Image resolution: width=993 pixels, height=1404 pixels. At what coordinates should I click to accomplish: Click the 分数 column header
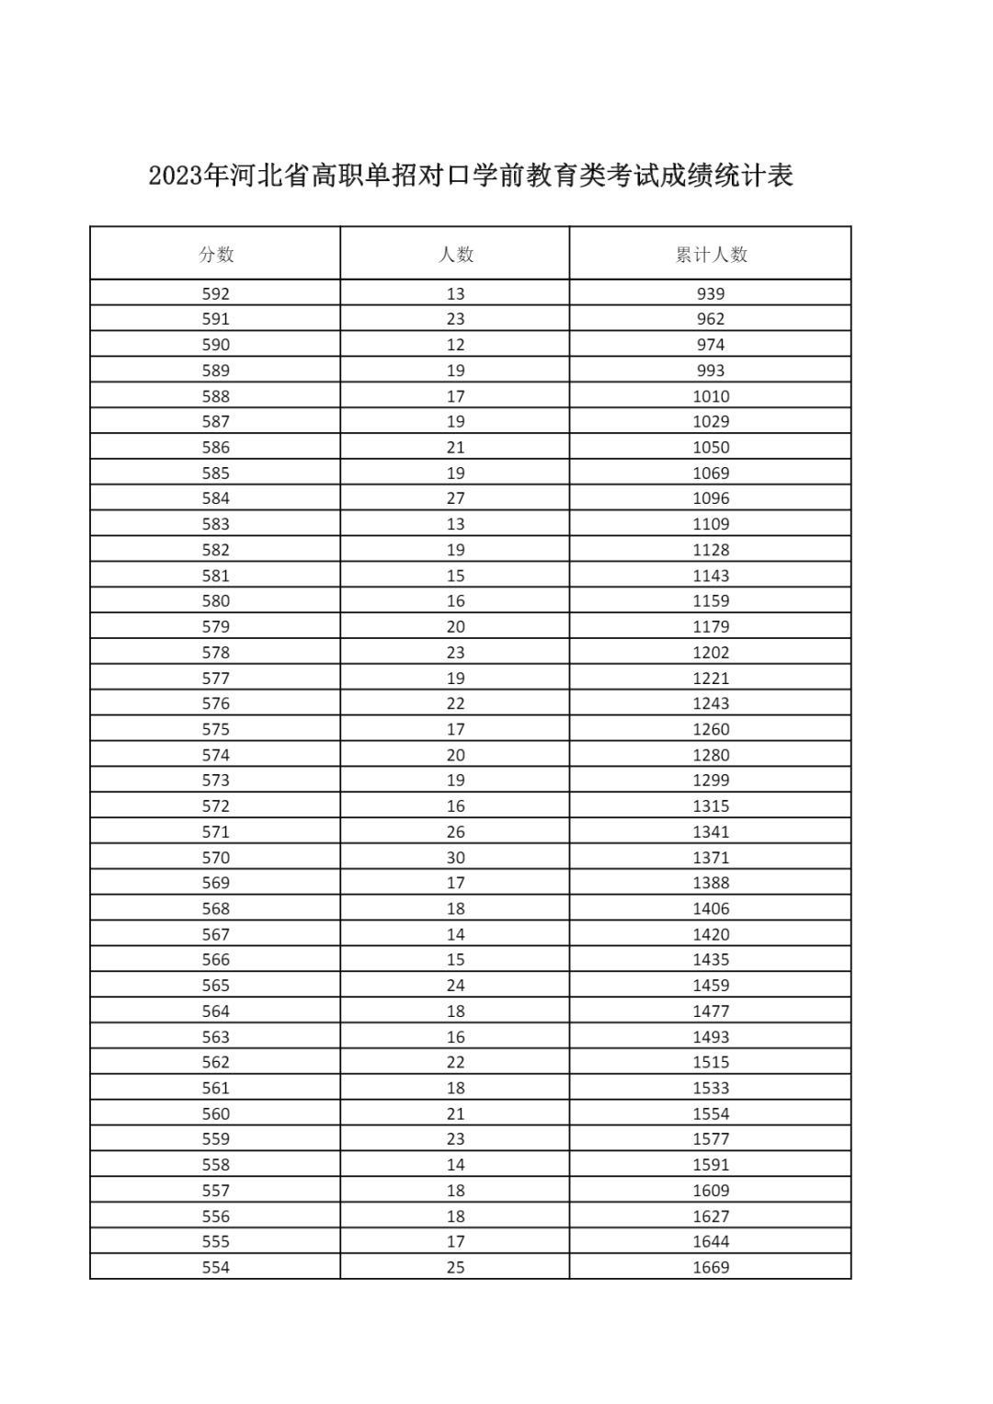pyautogui.click(x=216, y=255)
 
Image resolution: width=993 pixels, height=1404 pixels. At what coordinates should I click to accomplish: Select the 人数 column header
pyautogui.click(x=455, y=255)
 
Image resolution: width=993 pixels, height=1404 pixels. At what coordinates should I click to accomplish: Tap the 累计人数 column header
pyautogui.click(x=711, y=255)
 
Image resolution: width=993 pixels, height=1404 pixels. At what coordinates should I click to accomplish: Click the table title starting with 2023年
pyautogui.click(x=471, y=175)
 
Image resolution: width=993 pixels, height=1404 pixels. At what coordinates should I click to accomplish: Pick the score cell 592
pyautogui.click(x=216, y=294)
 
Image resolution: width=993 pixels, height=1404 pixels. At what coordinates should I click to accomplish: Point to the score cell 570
pyautogui.click(x=216, y=858)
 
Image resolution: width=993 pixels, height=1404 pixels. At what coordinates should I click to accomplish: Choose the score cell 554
pyautogui.click(x=216, y=1267)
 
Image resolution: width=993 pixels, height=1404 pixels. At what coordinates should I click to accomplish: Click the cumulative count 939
pyautogui.click(x=711, y=294)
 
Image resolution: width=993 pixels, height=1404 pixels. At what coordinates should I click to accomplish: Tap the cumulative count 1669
pyautogui.click(x=711, y=1267)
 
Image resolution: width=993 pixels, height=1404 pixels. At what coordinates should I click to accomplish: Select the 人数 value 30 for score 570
pyautogui.click(x=455, y=858)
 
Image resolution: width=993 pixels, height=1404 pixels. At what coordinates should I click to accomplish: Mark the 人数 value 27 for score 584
pyautogui.click(x=455, y=498)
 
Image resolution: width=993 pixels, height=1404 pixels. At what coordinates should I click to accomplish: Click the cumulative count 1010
pyautogui.click(x=711, y=396)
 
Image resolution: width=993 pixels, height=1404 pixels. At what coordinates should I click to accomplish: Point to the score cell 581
pyautogui.click(x=216, y=576)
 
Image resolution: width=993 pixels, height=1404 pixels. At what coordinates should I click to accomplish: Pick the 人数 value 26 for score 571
pyautogui.click(x=455, y=832)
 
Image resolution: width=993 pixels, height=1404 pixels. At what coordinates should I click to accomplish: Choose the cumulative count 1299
pyautogui.click(x=711, y=781)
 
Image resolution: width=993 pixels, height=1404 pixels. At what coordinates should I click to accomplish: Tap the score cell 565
pyautogui.click(x=216, y=986)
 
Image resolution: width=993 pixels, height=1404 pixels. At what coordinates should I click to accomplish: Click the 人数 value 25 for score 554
pyautogui.click(x=455, y=1267)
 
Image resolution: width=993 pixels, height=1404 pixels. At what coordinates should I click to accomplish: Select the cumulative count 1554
pyautogui.click(x=711, y=1113)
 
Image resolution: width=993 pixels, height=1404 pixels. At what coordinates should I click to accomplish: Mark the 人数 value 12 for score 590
pyautogui.click(x=455, y=345)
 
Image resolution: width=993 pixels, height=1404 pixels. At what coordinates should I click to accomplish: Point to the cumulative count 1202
pyautogui.click(x=711, y=653)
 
